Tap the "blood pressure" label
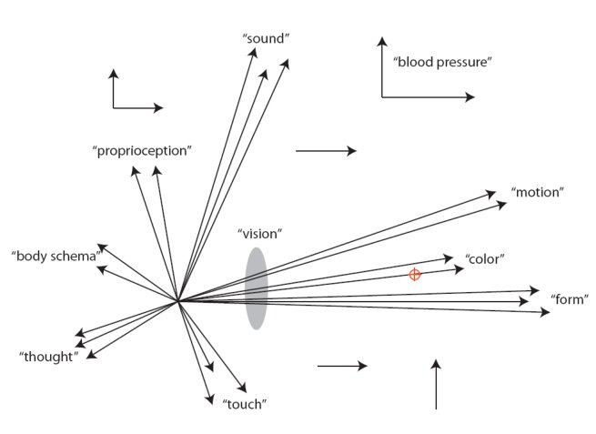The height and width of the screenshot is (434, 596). (442, 63)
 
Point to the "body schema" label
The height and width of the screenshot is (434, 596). (55, 257)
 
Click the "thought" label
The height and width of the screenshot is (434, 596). (48, 357)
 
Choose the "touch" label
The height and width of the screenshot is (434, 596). (244, 403)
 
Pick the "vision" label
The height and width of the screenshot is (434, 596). (259, 234)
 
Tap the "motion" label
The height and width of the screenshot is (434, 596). (538, 193)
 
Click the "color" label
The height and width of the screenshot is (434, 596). (484, 259)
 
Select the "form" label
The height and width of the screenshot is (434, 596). (570, 299)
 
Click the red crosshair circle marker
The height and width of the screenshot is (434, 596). (415, 275)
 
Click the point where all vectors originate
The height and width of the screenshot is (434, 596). (177, 300)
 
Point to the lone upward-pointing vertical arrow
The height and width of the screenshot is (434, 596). (437, 384)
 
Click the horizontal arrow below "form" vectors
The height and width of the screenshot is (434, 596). (342, 366)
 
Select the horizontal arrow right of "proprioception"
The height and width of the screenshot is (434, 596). (326, 151)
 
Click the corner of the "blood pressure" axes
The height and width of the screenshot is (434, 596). (382, 96)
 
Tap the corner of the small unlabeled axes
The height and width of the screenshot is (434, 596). (114, 107)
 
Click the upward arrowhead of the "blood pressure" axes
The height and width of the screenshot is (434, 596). (382, 40)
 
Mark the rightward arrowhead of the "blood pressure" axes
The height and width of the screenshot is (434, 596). (470, 96)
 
